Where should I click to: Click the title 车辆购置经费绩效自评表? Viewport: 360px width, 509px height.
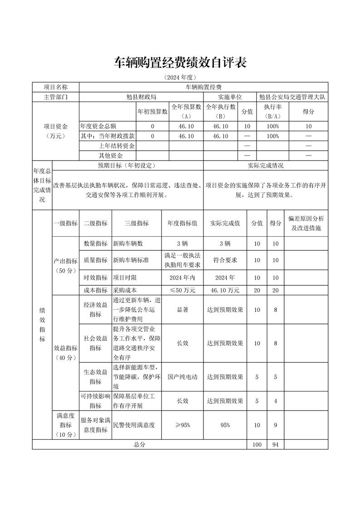click(180, 63)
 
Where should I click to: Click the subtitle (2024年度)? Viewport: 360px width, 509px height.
click(180, 78)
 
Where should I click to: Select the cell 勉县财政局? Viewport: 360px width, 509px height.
click(141, 97)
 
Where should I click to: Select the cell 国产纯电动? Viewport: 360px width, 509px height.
click(182, 377)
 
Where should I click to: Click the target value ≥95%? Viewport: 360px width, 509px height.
click(182, 425)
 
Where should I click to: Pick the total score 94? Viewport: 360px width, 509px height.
click(275, 445)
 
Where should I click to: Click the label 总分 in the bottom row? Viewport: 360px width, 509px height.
click(139, 445)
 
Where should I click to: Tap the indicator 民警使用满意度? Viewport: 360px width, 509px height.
click(134, 425)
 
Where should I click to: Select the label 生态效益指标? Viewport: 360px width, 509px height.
click(95, 377)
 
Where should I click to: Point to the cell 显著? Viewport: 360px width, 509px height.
click(182, 310)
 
